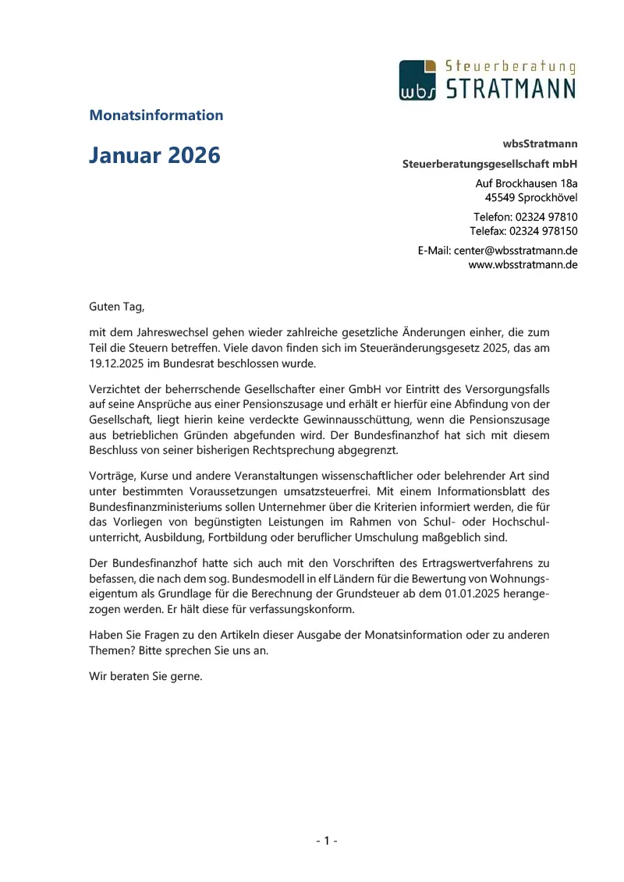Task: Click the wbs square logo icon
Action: [417, 80]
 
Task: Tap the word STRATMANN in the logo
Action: [510, 87]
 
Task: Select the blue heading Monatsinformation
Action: [156, 115]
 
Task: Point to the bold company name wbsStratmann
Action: [541, 143]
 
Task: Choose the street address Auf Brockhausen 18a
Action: [526, 183]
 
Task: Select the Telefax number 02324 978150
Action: [544, 231]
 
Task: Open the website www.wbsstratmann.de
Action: [523, 264]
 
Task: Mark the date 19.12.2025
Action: [116, 363]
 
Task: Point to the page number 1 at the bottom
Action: [327, 841]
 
